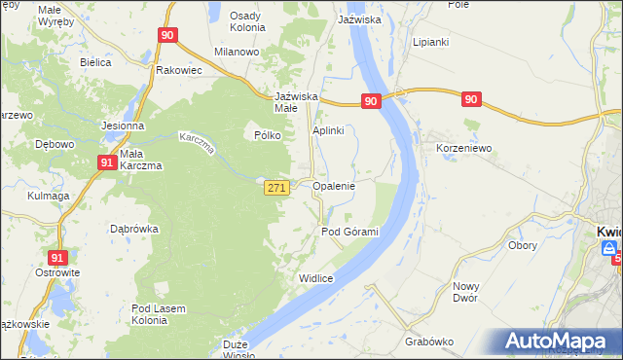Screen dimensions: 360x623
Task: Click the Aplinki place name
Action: [329, 130]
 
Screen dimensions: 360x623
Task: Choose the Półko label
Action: [268, 136]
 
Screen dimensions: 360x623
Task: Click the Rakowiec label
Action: [178, 71]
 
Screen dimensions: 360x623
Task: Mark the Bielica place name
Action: [96, 62]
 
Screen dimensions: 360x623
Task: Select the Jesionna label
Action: [123, 126]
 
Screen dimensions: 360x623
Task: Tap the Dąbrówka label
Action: [134, 230]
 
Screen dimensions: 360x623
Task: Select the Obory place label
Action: [523, 246]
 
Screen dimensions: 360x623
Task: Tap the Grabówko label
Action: [429, 342]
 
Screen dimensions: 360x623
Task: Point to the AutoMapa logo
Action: [556, 342]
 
